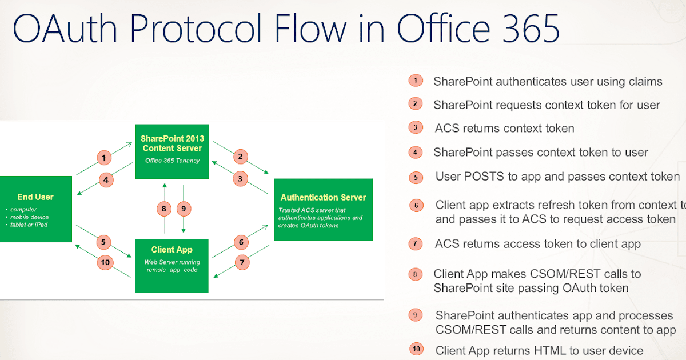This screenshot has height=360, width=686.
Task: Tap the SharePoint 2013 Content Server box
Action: (172, 151)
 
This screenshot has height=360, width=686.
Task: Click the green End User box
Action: (35, 208)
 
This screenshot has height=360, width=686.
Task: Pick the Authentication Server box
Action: (323, 209)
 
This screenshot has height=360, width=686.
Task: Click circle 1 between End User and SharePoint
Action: (103, 157)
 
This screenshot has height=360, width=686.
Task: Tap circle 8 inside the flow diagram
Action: (164, 209)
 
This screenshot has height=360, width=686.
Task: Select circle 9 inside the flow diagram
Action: (184, 209)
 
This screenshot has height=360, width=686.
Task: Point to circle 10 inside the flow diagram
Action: (105, 263)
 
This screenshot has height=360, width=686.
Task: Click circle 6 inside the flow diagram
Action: (241, 242)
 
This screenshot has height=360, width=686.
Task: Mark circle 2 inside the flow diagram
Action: (241, 157)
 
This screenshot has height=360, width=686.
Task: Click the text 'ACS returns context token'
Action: (504, 128)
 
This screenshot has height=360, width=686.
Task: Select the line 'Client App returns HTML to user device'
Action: (539, 350)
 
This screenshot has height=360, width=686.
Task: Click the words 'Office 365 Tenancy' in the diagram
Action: (172, 161)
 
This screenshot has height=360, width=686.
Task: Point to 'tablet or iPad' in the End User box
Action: (29, 225)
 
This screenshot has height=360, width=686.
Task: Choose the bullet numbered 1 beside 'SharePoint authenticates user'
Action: (416, 81)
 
